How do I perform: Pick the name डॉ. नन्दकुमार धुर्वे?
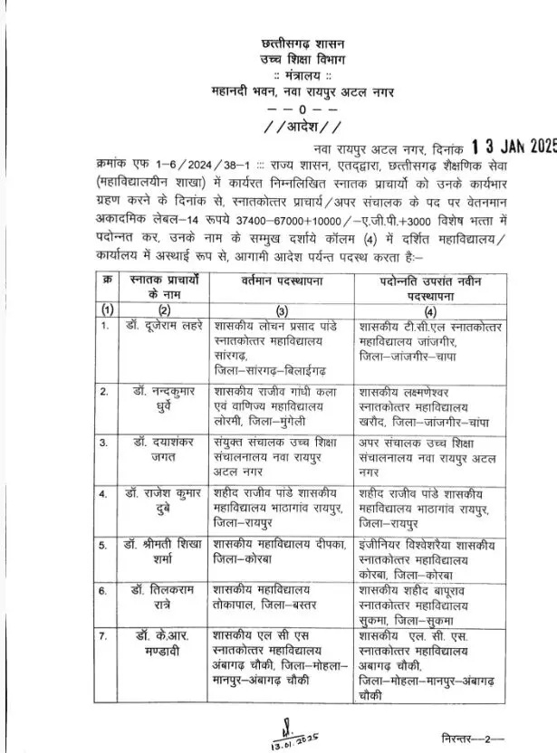pyautogui.click(x=159, y=399)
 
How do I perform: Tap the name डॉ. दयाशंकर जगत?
pyautogui.click(x=159, y=451)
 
